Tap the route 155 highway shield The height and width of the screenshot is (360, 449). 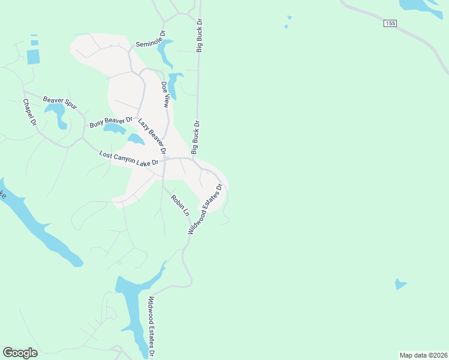click(x=391, y=23)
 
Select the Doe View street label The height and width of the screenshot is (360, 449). click(x=165, y=94)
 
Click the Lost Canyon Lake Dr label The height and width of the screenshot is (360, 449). click(x=129, y=159)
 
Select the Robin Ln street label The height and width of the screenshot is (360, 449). click(x=179, y=205)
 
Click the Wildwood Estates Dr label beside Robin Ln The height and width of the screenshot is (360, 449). click(x=205, y=209)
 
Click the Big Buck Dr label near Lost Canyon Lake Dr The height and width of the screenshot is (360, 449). click(x=195, y=137)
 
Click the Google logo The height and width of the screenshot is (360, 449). click(x=20, y=353)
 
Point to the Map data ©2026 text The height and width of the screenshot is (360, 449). click(x=423, y=355)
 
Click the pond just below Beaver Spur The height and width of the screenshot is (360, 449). click(x=56, y=113)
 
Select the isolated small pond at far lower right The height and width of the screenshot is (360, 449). click(x=400, y=284)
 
